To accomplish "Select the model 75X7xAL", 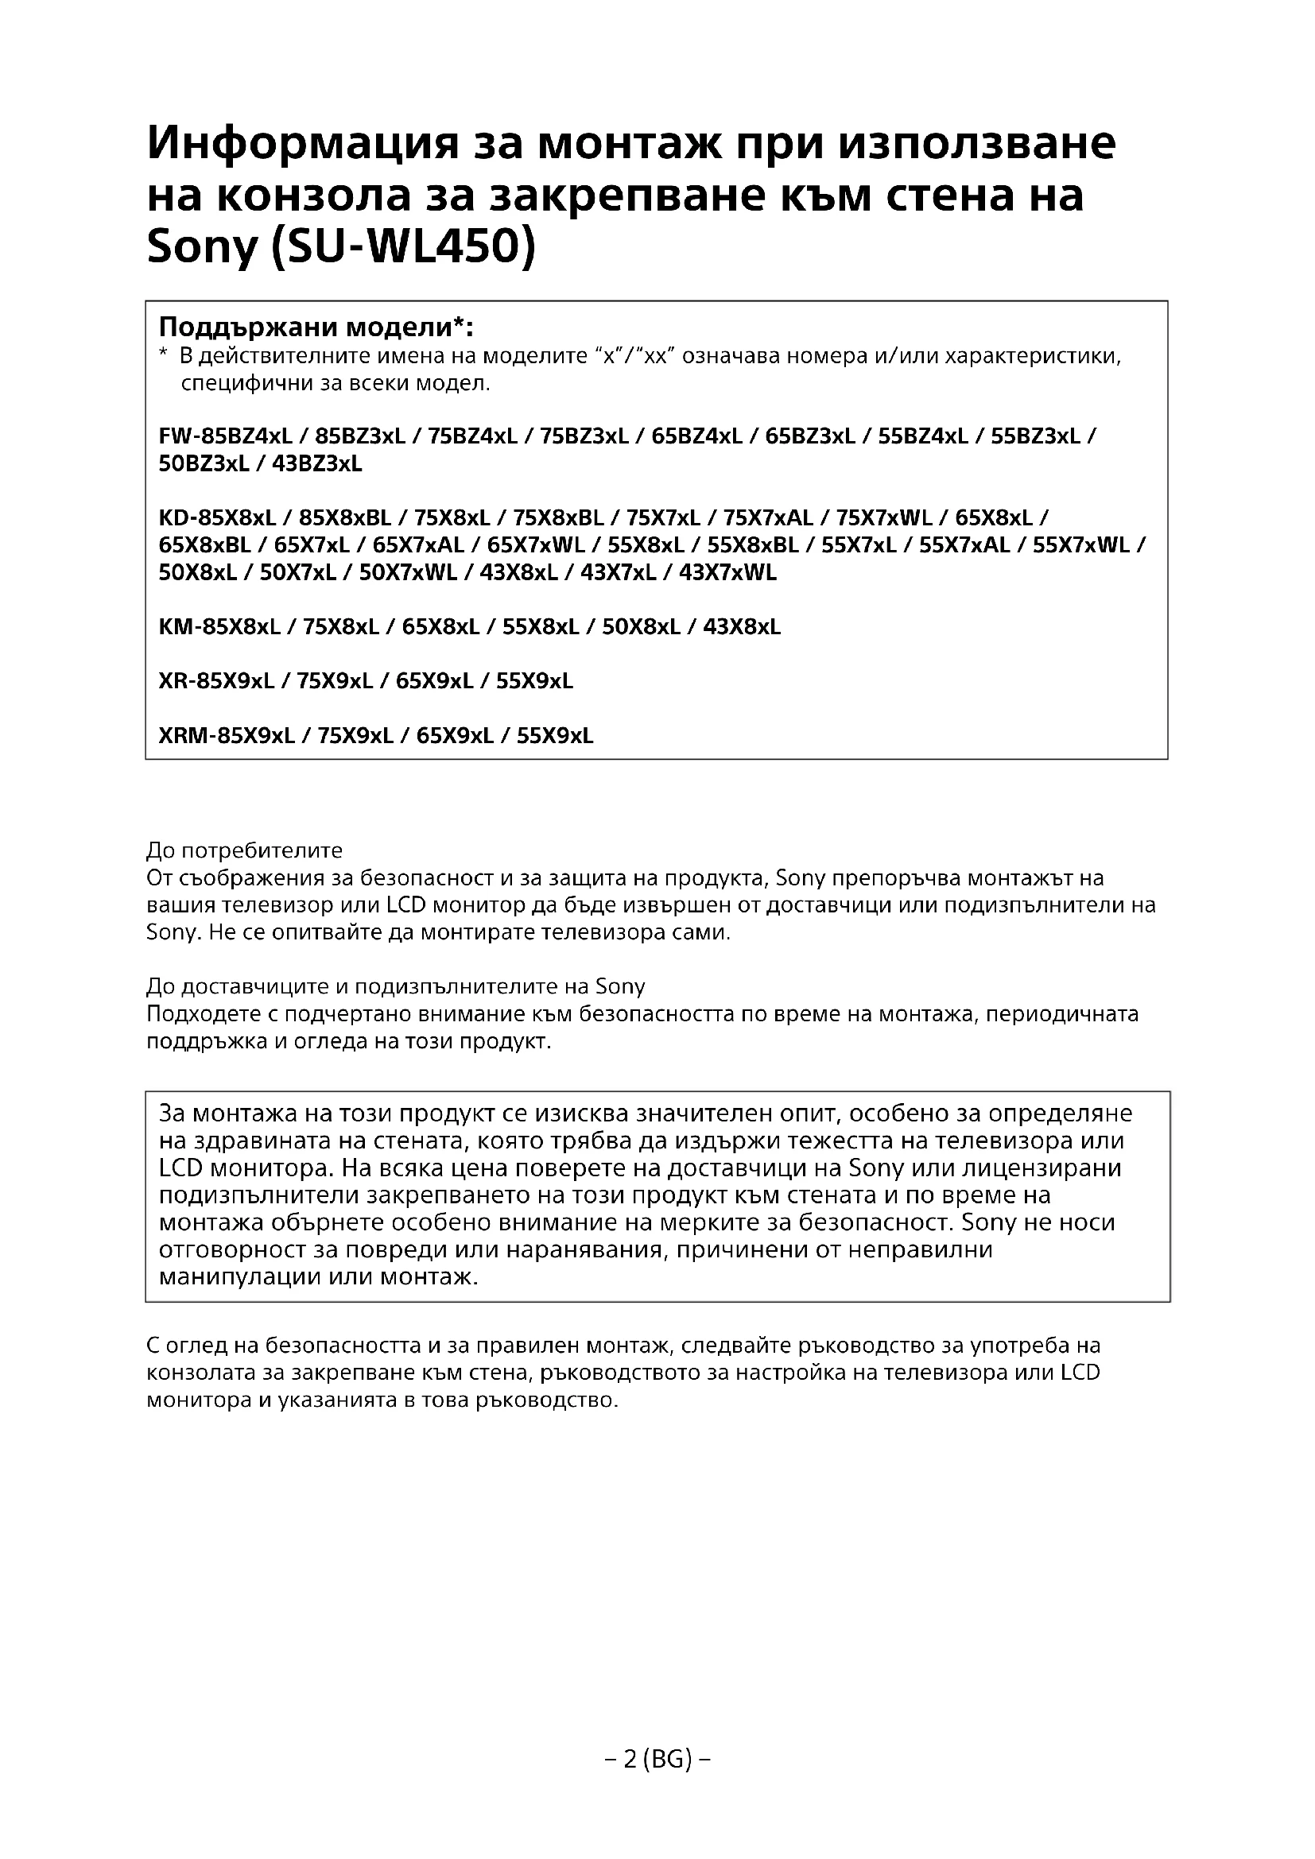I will pos(770,517).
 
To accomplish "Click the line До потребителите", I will pos(245,850).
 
